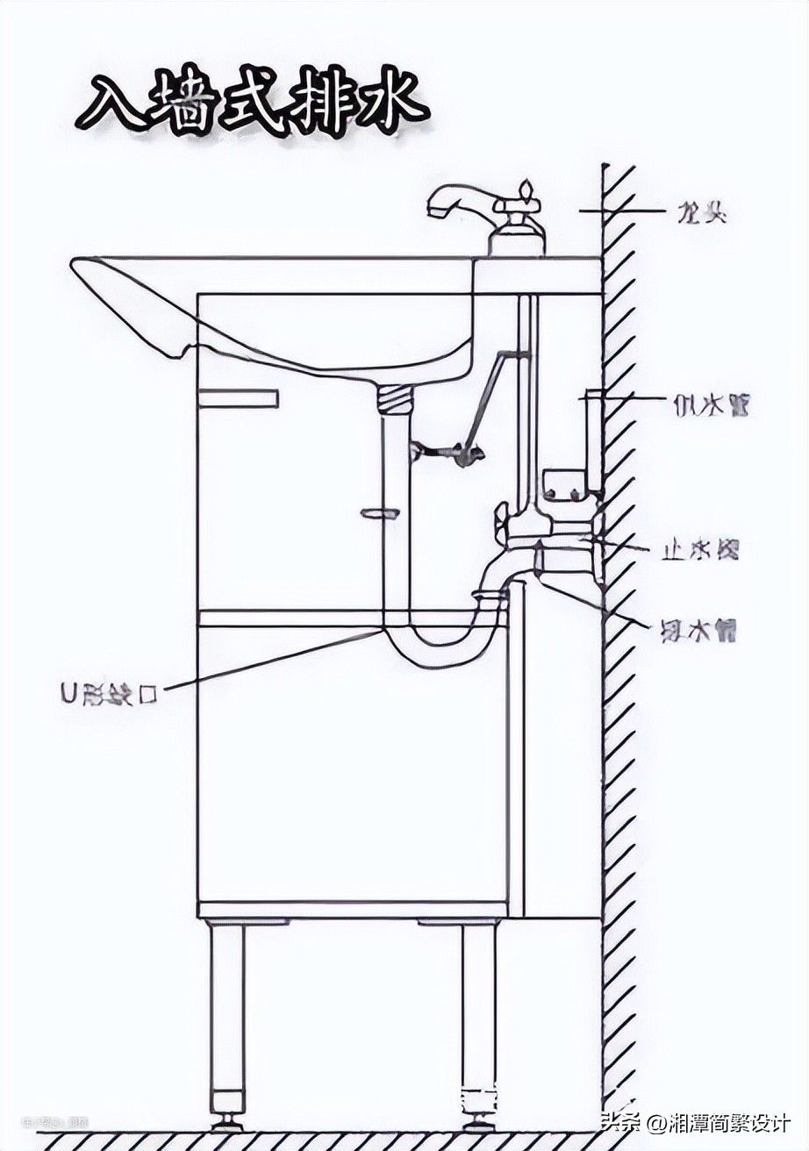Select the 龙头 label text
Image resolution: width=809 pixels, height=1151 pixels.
click(x=701, y=212)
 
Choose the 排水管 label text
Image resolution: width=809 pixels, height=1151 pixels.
click(x=698, y=629)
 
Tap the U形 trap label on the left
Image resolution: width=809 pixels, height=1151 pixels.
click(x=109, y=695)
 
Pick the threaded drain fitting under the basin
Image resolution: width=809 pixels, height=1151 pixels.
click(x=395, y=400)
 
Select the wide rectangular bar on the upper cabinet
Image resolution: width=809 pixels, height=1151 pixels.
click(x=238, y=399)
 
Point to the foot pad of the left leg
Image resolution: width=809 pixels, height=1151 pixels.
click(x=227, y=1119)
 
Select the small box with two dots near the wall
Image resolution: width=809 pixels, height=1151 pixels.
click(x=566, y=486)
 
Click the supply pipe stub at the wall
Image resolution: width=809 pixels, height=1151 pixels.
click(x=594, y=439)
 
